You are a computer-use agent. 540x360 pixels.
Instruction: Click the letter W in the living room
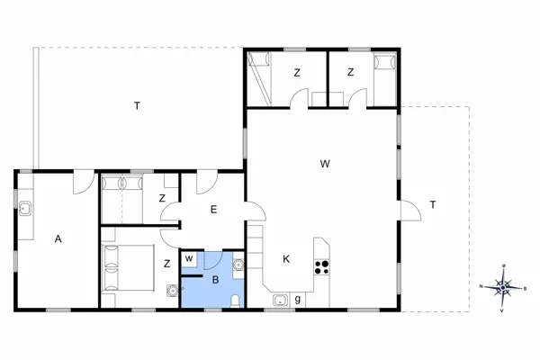325,164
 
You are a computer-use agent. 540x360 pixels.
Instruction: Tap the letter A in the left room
58,239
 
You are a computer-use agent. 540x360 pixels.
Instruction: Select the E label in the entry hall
213,210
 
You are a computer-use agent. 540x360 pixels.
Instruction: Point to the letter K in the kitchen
286,259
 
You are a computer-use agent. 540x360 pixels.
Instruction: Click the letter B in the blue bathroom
215,280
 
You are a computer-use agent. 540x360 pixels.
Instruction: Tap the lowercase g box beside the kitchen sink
298,299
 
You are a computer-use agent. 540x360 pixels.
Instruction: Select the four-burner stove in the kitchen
321,266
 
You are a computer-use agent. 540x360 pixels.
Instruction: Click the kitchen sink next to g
280,300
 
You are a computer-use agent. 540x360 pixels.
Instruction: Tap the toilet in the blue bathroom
234,301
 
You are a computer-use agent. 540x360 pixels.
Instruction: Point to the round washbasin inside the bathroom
238,265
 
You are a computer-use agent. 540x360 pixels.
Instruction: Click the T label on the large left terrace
137,106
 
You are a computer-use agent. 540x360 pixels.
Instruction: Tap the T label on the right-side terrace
432,205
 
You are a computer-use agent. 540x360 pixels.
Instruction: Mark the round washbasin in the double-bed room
171,291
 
